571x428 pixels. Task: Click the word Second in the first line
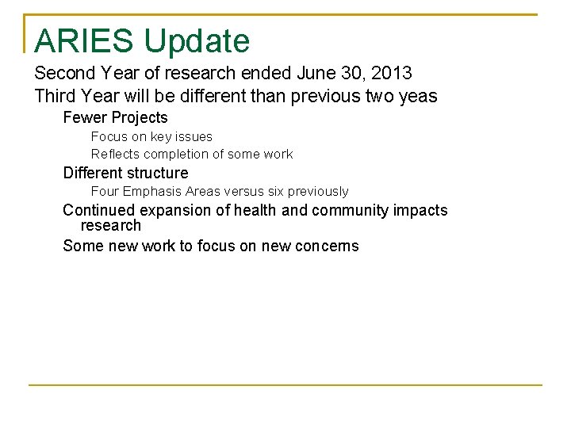coord(66,74)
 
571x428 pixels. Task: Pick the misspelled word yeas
coord(419,97)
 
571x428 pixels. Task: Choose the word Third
coord(56,97)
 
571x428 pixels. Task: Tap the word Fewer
coord(85,118)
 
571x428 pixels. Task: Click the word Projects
coord(140,118)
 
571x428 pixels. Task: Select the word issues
coord(195,137)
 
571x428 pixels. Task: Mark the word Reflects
coord(116,154)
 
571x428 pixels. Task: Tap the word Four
coord(104,191)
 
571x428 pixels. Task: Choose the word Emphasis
coord(151,191)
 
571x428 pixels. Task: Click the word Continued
coord(99,210)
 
